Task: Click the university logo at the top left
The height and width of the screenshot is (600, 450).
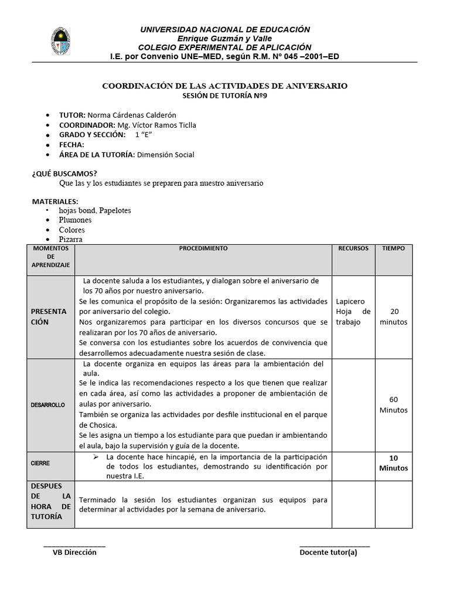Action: (x=60, y=42)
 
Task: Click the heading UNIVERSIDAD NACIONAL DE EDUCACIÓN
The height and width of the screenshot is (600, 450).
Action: (x=224, y=29)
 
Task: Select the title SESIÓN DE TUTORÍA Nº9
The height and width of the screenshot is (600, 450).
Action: (x=225, y=97)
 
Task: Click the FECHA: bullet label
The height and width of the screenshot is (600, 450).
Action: (x=71, y=145)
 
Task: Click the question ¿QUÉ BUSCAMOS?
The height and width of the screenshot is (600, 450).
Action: (x=64, y=173)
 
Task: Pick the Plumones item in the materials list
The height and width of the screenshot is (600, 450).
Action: (x=75, y=220)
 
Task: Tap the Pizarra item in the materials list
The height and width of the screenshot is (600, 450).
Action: (x=70, y=239)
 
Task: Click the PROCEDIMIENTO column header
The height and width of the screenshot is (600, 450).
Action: (x=203, y=248)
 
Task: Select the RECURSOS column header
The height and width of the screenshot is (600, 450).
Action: (x=353, y=248)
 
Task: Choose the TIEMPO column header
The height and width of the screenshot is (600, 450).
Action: (x=393, y=248)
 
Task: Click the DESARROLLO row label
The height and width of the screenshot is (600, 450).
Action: (x=48, y=405)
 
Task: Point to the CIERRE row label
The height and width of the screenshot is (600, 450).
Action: (x=40, y=463)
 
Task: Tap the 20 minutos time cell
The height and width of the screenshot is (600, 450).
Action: (x=393, y=316)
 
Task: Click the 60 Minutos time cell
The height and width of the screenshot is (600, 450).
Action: (x=393, y=404)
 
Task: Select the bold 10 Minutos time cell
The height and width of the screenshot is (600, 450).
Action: (x=393, y=463)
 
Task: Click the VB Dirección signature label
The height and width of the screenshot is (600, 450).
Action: (x=74, y=552)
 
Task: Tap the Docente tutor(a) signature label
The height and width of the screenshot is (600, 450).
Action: (x=328, y=552)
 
